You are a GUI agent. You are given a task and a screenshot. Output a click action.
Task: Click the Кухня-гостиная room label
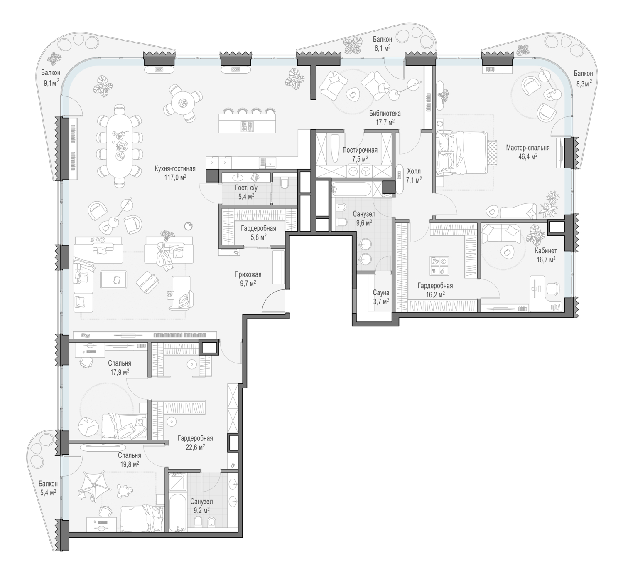175,169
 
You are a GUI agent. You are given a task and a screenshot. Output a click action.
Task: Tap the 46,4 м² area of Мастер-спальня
527,156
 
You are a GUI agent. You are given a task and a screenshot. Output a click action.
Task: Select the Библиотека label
385,114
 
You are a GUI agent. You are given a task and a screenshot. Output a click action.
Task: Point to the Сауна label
381,293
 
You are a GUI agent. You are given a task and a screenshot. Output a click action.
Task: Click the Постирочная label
360,150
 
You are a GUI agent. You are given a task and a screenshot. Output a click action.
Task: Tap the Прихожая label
248,274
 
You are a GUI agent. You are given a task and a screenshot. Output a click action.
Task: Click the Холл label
414,171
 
